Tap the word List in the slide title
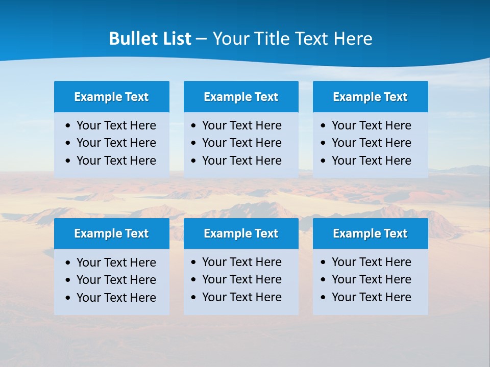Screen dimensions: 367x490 [x=175, y=39]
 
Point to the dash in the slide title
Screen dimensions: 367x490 [x=201, y=39]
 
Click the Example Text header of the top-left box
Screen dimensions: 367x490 [x=111, y=97]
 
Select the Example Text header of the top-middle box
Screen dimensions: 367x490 [x=241, y=97]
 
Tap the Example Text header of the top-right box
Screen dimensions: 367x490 [x=370, y=97]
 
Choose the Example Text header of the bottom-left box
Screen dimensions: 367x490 [x=111, y=233]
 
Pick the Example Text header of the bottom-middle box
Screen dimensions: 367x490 [x=241, y=233]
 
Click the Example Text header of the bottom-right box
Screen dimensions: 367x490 [x=370, y=233]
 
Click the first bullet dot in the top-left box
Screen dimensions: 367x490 [x=68, y=126]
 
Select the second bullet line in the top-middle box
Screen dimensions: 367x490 [x=241, y=143]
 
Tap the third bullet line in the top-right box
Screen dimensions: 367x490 [x=371, y=161]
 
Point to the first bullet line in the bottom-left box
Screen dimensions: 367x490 [x=116, y=263]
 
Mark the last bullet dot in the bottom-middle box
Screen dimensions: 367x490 [x=194, y=297]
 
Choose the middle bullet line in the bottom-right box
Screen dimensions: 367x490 [x=371, y=279]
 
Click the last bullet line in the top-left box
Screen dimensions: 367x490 [x=116, y=161]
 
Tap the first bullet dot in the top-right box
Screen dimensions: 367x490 [x=324, y=126]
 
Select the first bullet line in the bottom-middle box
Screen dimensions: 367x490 [x=241, y=262]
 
